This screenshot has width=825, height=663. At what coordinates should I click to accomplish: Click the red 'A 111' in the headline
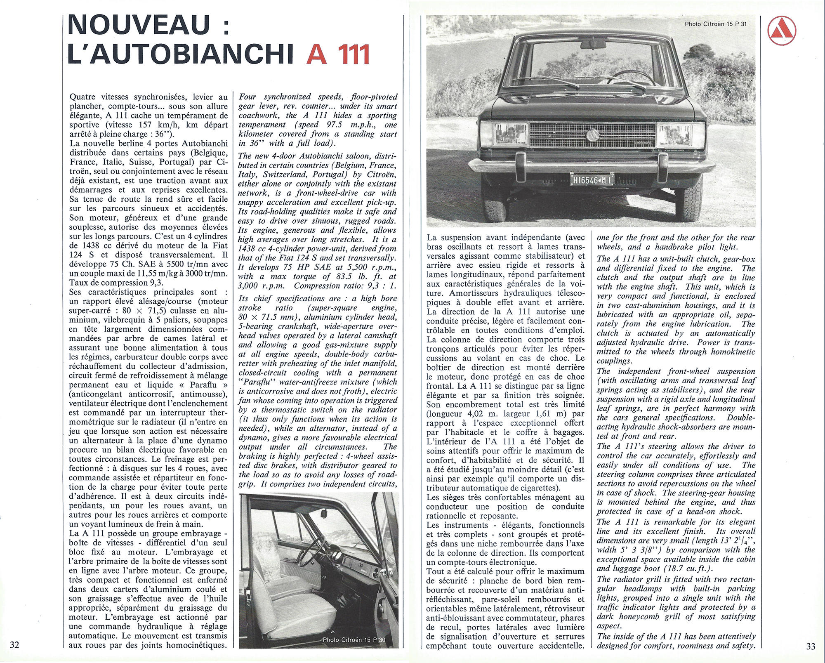click(x=338, y=56)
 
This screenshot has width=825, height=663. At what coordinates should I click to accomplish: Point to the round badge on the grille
click(x=592, y=135)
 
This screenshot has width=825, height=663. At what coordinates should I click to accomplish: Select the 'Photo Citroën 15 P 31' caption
click(x=715, y=24)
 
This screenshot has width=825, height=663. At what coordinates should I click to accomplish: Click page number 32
click(x=15, y=646)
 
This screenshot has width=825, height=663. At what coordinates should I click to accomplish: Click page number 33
click(x=810, y=646)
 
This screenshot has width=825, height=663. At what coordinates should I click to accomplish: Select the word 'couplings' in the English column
click(x=614, y=361)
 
